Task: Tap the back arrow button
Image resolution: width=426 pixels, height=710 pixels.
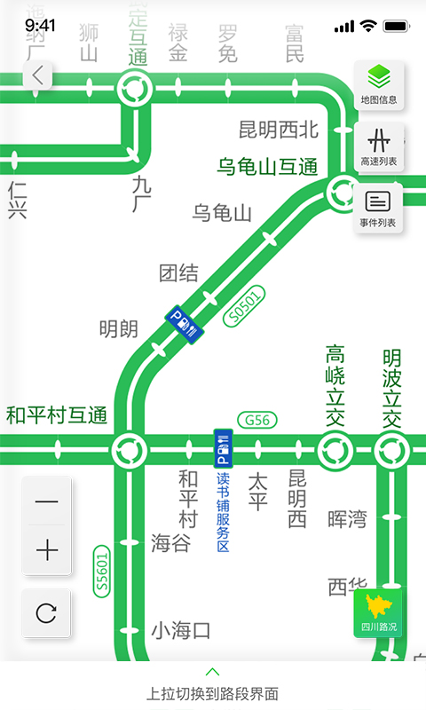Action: pyautogui.click(x=36, y=75)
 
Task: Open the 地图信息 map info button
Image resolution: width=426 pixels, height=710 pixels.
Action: pyautogui.click(x=379, y=84)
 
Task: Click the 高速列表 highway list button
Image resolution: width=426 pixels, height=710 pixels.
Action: pyautogui.click(x=379, y=146)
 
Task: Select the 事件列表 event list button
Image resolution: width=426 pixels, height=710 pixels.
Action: pyautogui.click(x=379, y=208)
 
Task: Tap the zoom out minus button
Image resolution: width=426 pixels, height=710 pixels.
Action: pyautogui.click(x=46, y=502)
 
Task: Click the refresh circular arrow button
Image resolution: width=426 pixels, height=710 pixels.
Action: pyautogui.click(x=46, y=612)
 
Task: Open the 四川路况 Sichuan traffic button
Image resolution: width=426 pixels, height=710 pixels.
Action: pyautogui.click(x=379, y=613)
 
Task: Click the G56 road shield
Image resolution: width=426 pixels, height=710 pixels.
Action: pyautogui.click(x=257, y=420)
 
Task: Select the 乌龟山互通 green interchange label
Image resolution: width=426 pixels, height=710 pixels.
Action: pyautogui.click(x=267, y=166)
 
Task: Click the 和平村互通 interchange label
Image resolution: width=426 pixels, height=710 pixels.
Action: pyautogui.click(x=57, y=414)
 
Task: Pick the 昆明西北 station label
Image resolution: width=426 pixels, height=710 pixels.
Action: pyautogui.click(x=278, y=130)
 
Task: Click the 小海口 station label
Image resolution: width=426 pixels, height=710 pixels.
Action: pyautogui.click(x=180, y=631)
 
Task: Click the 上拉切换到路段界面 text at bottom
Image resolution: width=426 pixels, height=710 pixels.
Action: pyautogui.click(x=213, y=693)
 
